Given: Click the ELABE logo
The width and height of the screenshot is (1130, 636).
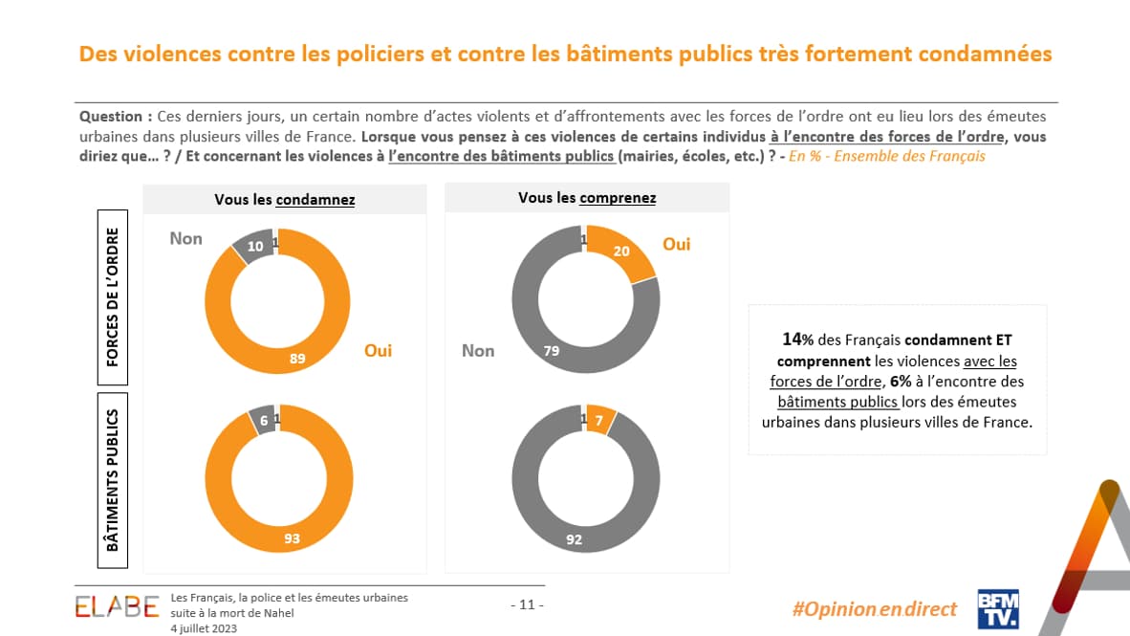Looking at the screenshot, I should [118, 605].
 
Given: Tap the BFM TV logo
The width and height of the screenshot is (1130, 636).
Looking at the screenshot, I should [997, 608].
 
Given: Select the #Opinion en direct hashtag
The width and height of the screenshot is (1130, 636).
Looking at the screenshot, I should [875, 609].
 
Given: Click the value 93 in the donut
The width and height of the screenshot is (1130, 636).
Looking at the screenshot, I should [292, 538].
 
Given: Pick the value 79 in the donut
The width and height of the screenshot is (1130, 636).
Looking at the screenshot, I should [551, 351].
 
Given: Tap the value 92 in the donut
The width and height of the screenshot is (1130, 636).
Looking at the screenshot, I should [574, 539].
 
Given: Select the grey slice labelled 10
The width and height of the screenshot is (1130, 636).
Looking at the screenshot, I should [255, 246].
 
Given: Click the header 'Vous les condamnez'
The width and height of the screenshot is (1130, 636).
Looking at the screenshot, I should [285, 199].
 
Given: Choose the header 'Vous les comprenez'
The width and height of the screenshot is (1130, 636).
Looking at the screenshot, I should [587, 198].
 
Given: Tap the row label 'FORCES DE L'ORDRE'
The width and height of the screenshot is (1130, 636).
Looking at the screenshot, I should [113, 297].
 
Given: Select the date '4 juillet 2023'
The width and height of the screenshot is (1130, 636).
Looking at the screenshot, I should [204, 628].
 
